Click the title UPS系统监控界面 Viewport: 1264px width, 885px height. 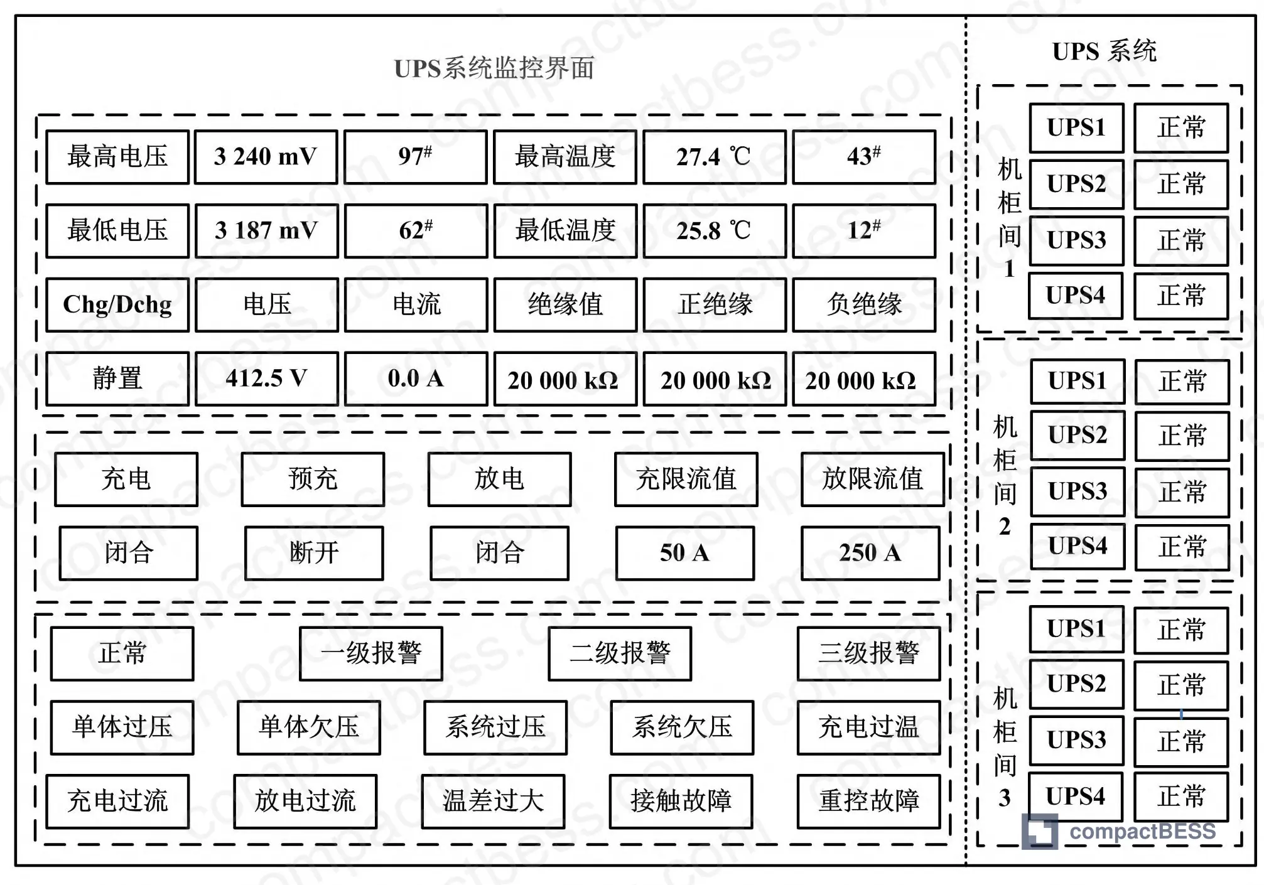494,68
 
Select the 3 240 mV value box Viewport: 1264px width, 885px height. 266,157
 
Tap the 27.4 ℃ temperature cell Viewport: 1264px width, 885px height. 714,157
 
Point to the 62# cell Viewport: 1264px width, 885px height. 416,230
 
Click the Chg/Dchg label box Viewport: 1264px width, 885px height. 117,304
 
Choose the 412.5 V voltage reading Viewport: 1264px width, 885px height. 267,378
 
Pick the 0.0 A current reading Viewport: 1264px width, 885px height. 416,378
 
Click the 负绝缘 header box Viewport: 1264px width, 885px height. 864,304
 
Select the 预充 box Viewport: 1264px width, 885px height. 313,479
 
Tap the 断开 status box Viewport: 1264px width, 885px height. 314,553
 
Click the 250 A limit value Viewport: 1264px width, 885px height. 870,553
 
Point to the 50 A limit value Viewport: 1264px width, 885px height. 685,553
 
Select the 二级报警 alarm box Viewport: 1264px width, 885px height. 620,653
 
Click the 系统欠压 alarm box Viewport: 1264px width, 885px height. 682,727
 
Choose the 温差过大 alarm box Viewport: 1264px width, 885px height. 493,802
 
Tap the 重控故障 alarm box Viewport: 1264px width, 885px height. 869,802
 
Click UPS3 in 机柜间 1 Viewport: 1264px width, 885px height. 1077,240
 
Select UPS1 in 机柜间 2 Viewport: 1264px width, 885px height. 1078,381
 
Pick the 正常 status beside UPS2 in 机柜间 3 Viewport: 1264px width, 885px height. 1181,685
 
